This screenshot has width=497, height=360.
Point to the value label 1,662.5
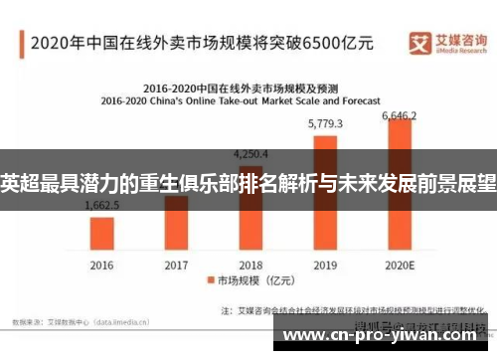click(x=102, y=205)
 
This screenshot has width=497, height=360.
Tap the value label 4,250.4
click(x=250, y=154)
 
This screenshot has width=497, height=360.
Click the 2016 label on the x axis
click(x=102, y=265)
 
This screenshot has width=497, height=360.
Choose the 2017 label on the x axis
click(x=176, y=265)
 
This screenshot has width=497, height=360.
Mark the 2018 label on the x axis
click(x=250, y=265)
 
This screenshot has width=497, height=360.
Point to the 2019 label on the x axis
click(x=325, y=265)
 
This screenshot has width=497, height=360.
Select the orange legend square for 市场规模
click(x=211, y=282)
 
